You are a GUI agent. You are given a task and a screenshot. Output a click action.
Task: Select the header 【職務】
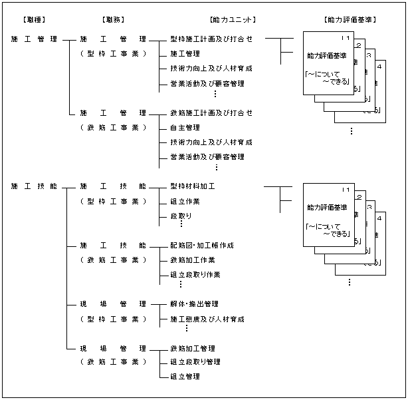tap(113, 20)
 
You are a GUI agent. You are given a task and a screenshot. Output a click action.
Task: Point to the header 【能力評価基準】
tap(350, 20)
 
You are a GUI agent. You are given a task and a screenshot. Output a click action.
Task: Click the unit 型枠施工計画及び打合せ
tap(211, 39)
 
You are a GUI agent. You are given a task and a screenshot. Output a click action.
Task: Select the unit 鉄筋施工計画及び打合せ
tap(211, 113)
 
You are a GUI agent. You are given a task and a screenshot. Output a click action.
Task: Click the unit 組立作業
tap(185, 201)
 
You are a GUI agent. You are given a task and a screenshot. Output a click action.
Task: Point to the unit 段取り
tap(181, 216)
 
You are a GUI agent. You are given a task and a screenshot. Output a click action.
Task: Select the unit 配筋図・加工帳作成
tap(202, 246)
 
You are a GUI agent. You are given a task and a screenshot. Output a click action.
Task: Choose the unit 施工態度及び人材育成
tap(207, 319)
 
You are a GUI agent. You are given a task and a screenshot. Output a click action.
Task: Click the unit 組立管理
tap(185, 377)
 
